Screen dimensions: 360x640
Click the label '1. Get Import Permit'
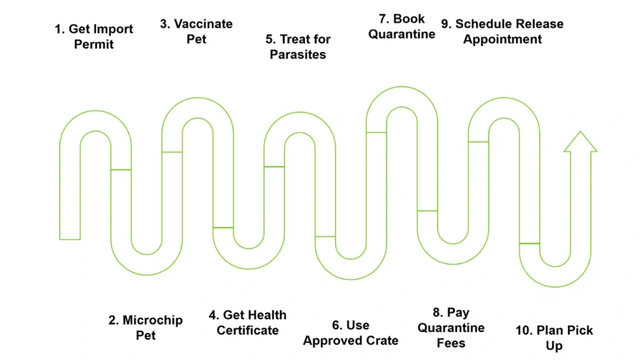(94, 36)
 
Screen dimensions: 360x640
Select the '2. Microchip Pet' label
(145, 327)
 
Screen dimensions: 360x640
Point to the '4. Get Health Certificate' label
(247, 322)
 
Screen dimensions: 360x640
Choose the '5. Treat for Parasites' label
(298, 47)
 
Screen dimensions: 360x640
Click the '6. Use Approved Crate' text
(351, 333)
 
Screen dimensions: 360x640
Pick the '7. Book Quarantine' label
(402, 26)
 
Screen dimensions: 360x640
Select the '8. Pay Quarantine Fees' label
(451, 327)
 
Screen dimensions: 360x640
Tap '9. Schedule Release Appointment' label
(502, 31)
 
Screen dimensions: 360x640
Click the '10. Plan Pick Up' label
(554, 337)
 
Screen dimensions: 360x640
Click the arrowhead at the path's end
(580, 142)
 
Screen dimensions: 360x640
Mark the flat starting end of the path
(70, 238)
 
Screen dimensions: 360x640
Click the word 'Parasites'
(298, 54)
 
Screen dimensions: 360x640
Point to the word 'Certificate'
(247, 330)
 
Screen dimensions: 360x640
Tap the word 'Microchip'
(152, 320)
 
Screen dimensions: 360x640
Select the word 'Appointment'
(502, 39)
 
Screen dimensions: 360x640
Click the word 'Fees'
(451, 342)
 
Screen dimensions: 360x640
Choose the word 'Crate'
(381, 341)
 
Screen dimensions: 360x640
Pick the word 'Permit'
(94, 44)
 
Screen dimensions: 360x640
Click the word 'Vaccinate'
(203, 24)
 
